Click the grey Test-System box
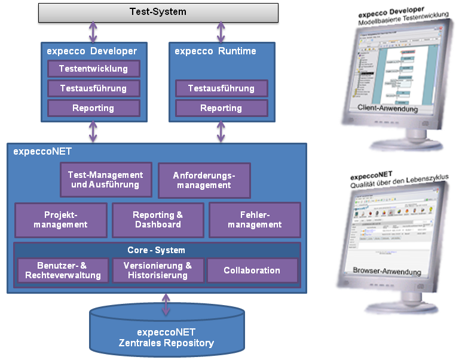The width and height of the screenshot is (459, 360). point(158,12)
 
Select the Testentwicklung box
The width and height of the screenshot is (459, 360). point(93,69)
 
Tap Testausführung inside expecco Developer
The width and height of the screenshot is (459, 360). point(93,88)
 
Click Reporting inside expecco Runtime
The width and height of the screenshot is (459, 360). point(221,108)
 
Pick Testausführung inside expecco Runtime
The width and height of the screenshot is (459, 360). point(221,88)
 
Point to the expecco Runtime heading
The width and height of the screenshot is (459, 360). point(215,51)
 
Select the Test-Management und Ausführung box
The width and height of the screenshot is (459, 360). point(106,180)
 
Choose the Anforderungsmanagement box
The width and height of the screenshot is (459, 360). point(204,180)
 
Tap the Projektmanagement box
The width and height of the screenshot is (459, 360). point(61,220)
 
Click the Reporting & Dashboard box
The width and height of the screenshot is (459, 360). point(158,220)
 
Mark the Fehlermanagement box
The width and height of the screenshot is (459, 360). point(255,220)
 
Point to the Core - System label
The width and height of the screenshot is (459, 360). point(157,250)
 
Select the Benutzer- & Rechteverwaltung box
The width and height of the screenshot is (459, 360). point(63,270)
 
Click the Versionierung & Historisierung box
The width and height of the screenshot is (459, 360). point(158,270)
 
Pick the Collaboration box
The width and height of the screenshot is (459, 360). point(252,270)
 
